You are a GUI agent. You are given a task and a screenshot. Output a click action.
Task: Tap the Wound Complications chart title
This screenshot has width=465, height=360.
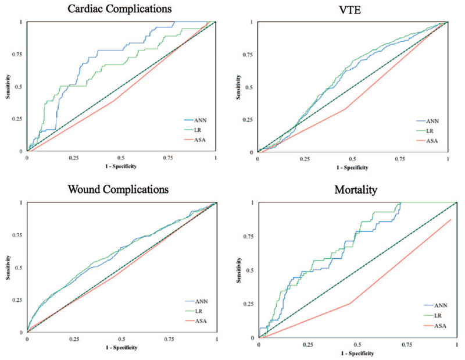[x=119, y=190]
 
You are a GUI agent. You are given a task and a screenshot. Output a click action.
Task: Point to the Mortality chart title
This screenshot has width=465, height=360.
[x=352, y=190]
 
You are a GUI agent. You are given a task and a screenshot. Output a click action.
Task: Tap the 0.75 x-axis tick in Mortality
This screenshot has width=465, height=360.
[x=400, y=345]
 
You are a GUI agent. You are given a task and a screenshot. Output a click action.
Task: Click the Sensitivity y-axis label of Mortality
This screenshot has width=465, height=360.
[x=239, y=270]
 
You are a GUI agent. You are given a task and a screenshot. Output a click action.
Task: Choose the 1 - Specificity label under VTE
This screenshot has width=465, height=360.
[x=352, y=166]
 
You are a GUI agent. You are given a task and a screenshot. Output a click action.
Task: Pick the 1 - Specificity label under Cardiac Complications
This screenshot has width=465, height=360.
[x=121, y=166]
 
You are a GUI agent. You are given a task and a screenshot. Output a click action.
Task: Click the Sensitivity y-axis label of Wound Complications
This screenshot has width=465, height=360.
[x=8, y=268]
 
